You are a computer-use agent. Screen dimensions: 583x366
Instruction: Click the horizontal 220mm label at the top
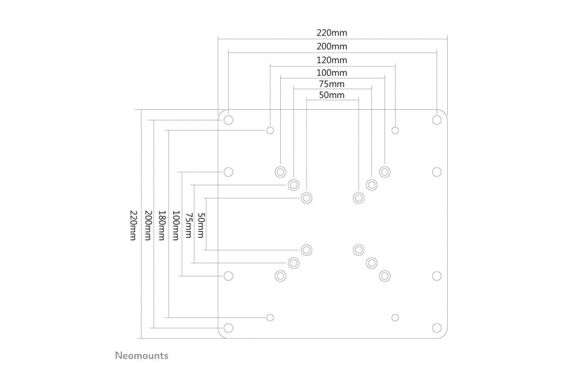coord(332,33)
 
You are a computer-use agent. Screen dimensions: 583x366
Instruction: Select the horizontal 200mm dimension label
coord(332,47)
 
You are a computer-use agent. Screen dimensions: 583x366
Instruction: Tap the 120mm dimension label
coord(332,60)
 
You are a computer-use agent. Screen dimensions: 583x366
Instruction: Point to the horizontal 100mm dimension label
coord(332,73)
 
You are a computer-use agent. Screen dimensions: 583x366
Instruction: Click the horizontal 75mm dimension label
coord(332,84)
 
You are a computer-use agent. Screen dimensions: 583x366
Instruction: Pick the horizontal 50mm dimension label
coord(332,95)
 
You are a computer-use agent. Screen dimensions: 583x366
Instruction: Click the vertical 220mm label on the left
coord(133,226)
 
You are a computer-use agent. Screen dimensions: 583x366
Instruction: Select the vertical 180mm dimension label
coord(161,226)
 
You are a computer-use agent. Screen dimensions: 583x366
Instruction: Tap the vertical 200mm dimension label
coord(148,226)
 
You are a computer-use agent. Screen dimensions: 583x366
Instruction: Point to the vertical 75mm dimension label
coord(188,226)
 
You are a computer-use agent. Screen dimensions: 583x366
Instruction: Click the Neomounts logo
coord(142,355)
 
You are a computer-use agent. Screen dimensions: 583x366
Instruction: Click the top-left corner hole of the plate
coord(228,120)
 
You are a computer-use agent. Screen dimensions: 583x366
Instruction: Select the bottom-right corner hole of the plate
coord(437,328)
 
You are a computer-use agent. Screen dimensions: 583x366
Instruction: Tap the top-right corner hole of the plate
coord(437,120)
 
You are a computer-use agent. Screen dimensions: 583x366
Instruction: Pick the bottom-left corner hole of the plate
coord(228,328)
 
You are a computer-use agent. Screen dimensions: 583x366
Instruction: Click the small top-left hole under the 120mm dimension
coord(270,130)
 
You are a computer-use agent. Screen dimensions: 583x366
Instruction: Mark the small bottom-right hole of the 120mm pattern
coord(395,318)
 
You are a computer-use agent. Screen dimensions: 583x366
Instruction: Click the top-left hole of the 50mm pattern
coord(307,198)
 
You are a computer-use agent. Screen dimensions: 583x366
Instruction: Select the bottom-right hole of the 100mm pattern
coord(385,276)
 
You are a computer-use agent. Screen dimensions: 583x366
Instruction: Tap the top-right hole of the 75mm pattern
coord(372,185)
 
